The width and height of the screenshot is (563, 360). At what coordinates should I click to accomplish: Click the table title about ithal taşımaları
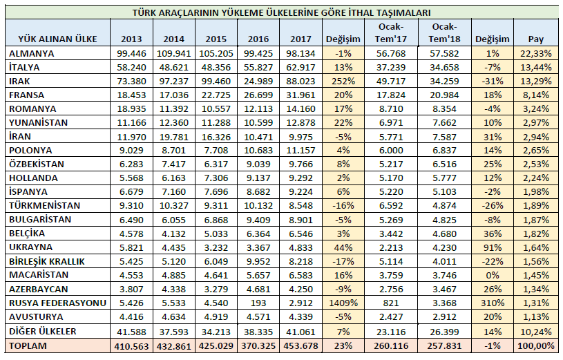tap(282, 13)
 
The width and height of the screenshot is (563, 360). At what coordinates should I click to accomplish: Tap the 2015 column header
tap(216, 39)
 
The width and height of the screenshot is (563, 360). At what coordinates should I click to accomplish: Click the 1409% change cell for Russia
tap(343, 303)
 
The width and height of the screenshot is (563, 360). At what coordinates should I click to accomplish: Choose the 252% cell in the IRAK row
tap(343, 80)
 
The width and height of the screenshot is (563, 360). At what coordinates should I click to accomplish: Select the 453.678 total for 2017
tap(300, 345)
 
